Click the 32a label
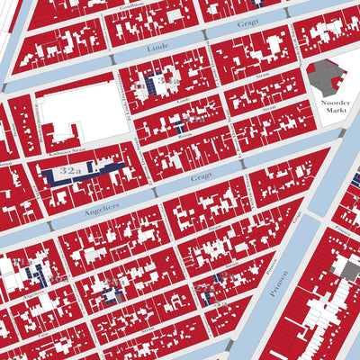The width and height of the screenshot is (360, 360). tap(70, 169)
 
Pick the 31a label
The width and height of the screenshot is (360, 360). tap(166, 82)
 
